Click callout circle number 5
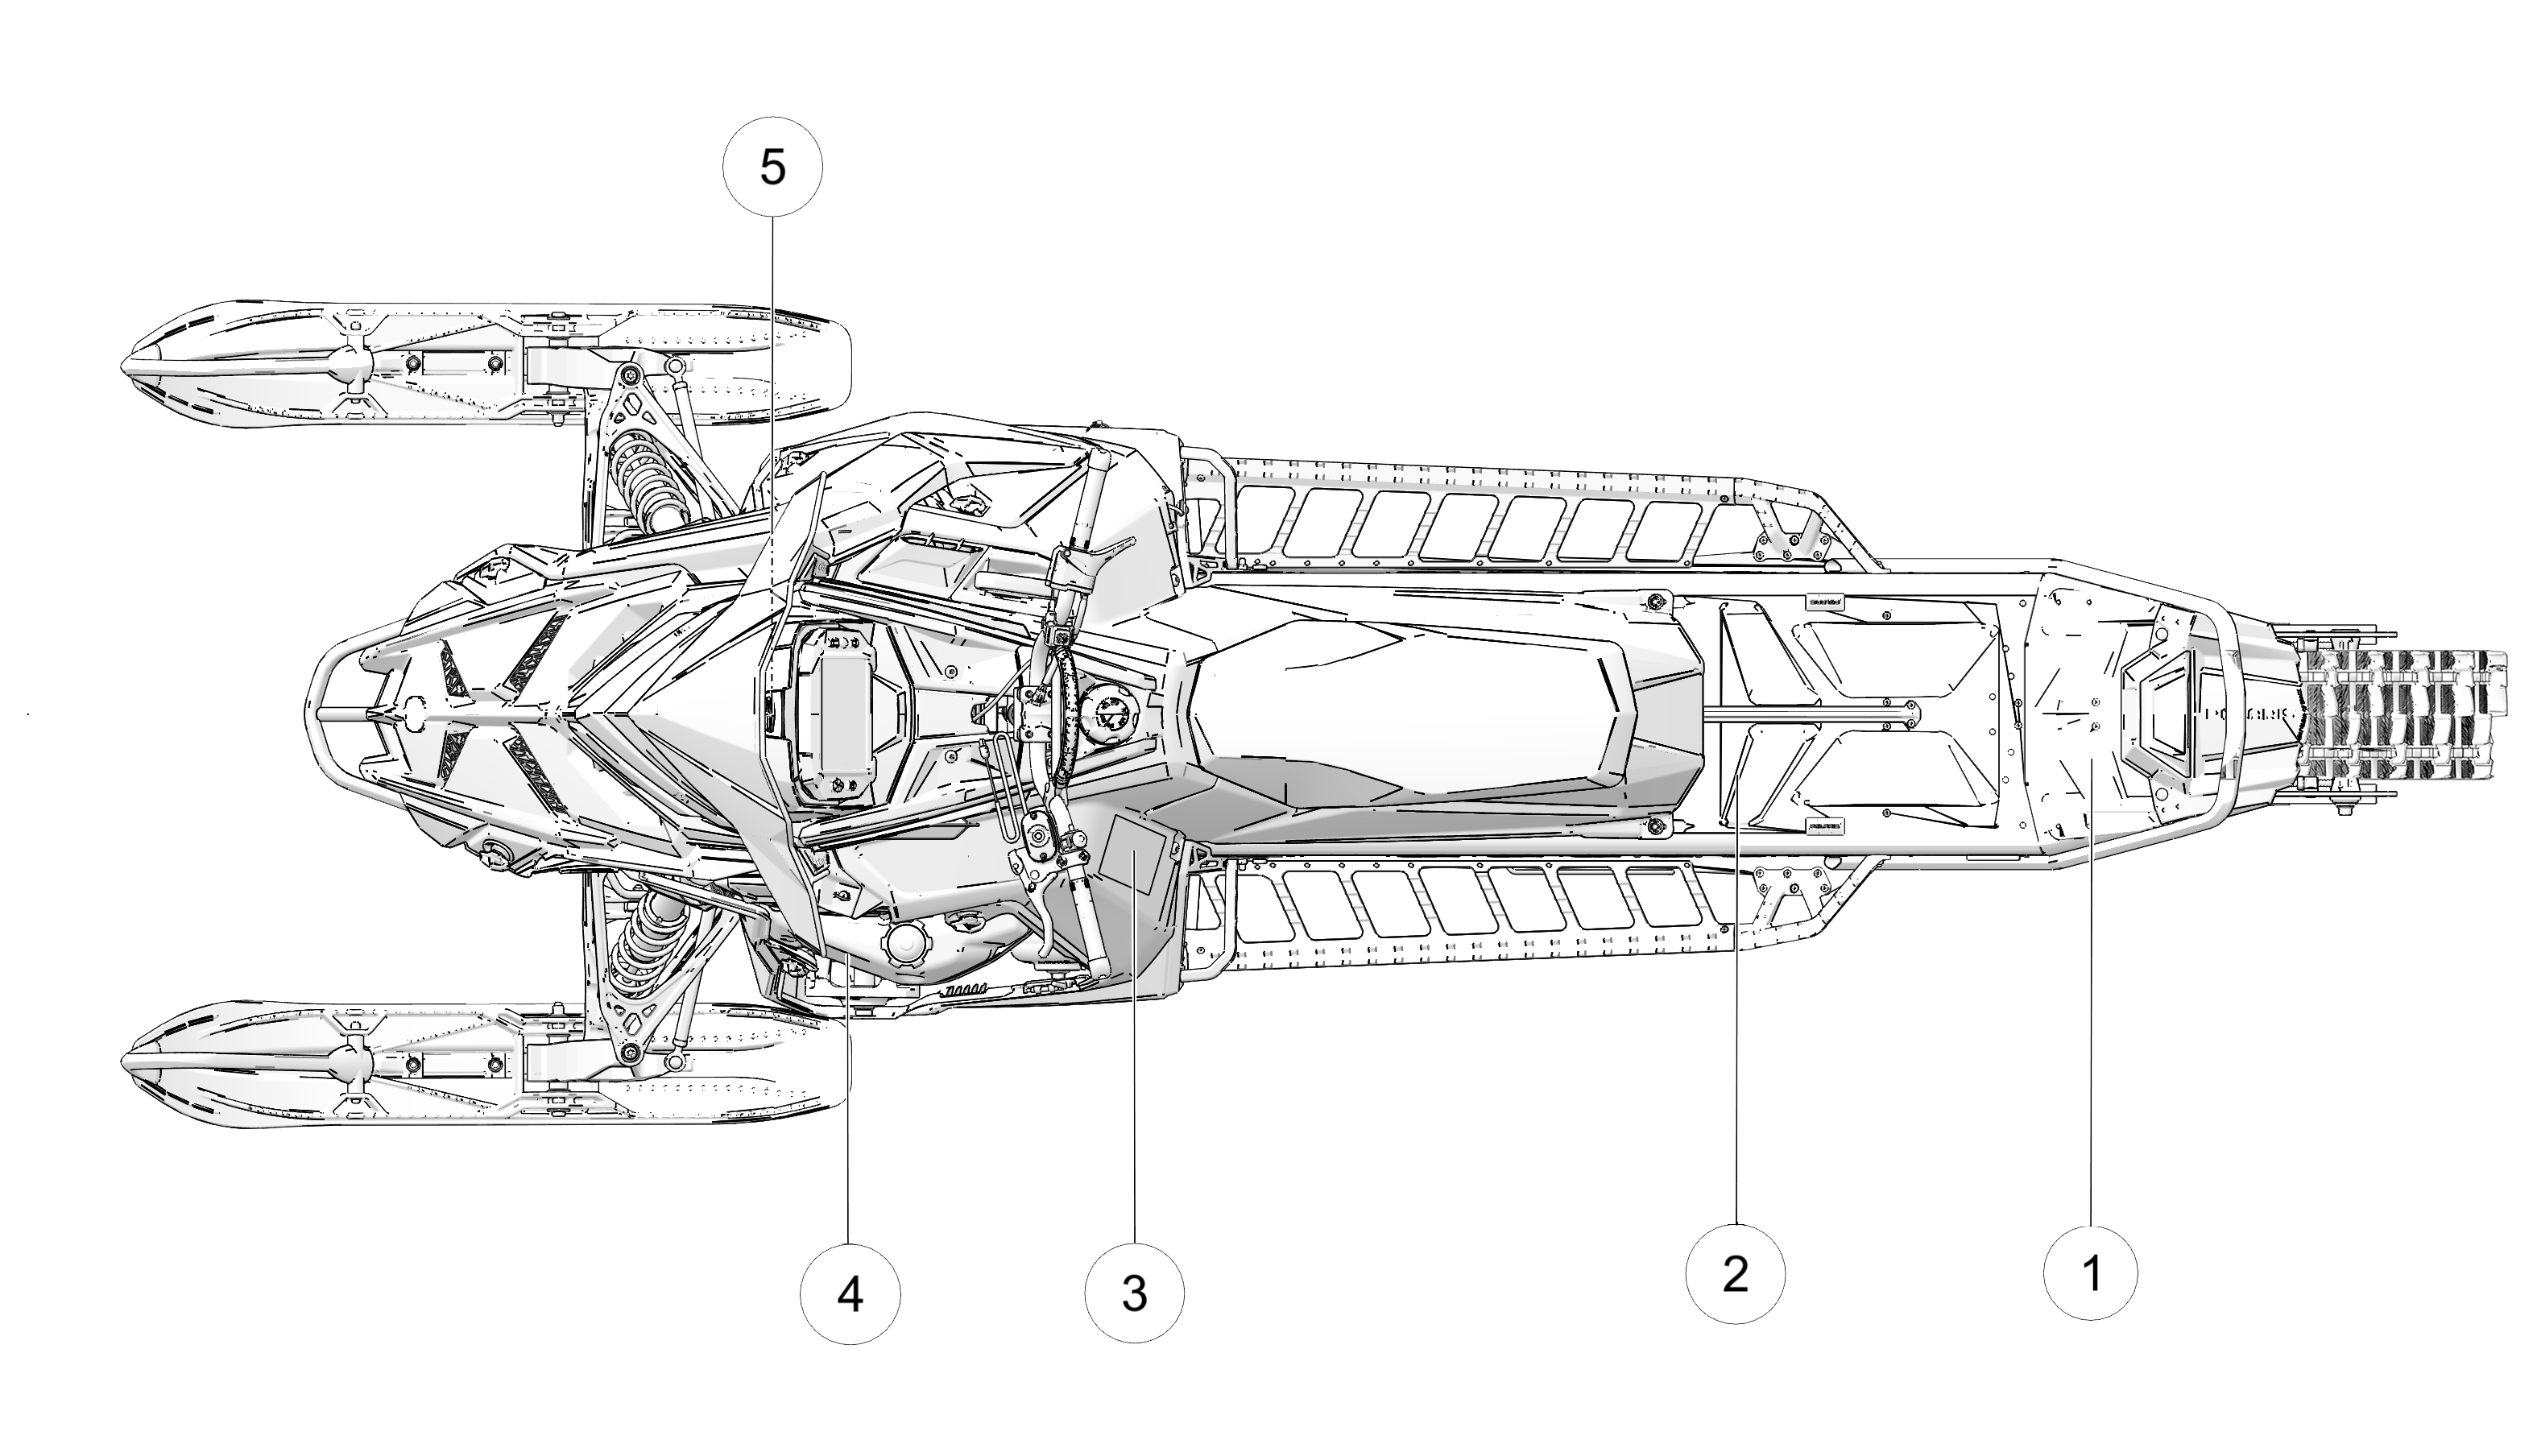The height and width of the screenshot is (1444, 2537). point(772,167)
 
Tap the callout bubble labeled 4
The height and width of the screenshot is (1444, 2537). point(850,1294)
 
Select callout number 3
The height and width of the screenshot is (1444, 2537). point(1134,1293)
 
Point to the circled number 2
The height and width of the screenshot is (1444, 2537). point(1735,1273)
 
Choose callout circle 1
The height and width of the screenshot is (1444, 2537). point(2091,1273)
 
